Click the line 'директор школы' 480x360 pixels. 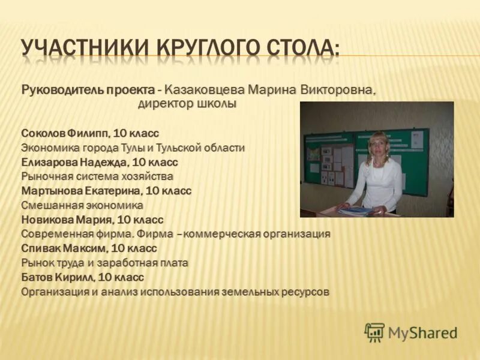pos(187,104)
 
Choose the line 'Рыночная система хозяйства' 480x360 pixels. pos(97,176)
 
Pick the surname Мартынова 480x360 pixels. pos(49,191)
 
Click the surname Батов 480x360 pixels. pos(36,277)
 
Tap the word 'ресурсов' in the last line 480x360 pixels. pos(305,292)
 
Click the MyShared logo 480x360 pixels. pos(411,332)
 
